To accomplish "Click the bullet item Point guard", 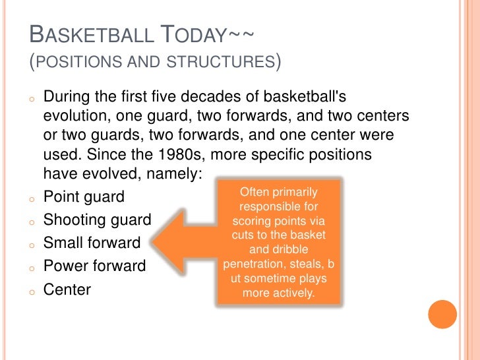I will click(x=84, y=197).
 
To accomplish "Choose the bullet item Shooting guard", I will click(x=97, y=220).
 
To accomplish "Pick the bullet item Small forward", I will click(x=92, y=243).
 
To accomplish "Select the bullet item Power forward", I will click(x=94, y=266).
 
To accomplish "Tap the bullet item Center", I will click(x=67, y=289).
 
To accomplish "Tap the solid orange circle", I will click(x=442, y=315).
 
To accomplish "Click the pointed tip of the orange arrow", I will click(x=153, y=242).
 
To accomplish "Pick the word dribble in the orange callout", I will click(x=304, y=250).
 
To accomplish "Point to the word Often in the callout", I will click(x=254, y=192).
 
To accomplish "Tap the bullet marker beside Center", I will click(x=31, y=291).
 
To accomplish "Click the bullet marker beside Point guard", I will click(x=31, y=198).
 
